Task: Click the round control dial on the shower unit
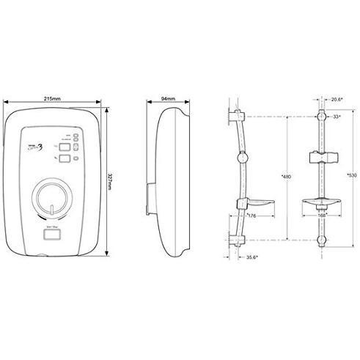(55, 196)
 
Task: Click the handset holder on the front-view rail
(320, 157)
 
